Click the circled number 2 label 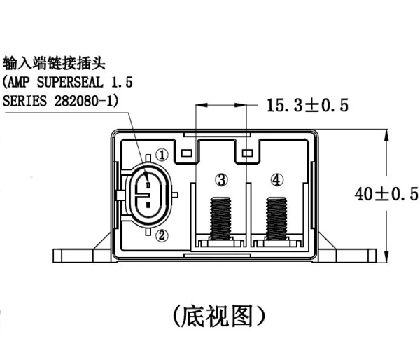pyautogui.click(x=161, y=235)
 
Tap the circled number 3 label pyautogui.click(x=221, y=181)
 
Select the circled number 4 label pyautogui.click(x=278, y=181)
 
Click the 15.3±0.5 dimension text pyautogui.click(x=307, y=106)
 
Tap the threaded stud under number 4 pyautogui.click(x=278, y=217)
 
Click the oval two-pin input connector pyautogui.click(x=148, y=195)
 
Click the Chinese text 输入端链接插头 pyautogui.click(x=54, y=62)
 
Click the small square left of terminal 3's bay pyautogui.click(x=186, y=152)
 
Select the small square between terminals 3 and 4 pyautogui.click(x=246, y=152)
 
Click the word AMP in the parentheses pyautogui.click(x=21, y=81)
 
